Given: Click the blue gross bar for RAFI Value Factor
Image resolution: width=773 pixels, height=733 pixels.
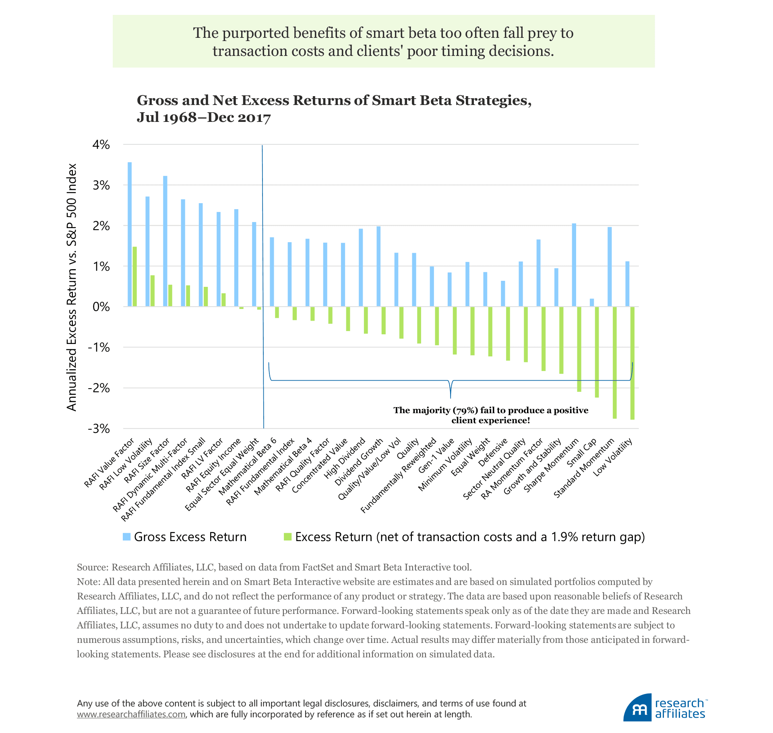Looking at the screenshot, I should pyautogui.click(x=130, y=234).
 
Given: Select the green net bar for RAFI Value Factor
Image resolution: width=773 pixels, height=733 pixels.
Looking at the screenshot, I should pyautogui.click(x=135, y=276).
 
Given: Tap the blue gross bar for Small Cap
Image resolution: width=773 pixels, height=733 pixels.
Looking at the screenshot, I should pyautogui.click(x=592, y=303).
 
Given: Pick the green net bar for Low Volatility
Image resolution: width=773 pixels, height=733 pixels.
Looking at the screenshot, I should pyautogui.click(x=632, y=363).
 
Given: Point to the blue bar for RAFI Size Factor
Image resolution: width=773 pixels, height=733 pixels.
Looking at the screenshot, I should pyautogui.click(x=165, y=241).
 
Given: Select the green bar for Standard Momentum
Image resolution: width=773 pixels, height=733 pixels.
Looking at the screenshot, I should pyautogui.click(x=615, y=362).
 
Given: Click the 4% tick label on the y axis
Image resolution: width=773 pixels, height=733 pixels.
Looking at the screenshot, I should pyautogui.click(x=101, y=145).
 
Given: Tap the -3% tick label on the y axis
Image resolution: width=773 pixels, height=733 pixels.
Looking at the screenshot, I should pyautogui.click(x=99, y=429).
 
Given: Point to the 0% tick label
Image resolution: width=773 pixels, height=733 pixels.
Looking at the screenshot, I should pyautogui.click(x=101, y=307).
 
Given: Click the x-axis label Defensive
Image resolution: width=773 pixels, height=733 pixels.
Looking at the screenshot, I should pyautogui.click(x=493, y=453).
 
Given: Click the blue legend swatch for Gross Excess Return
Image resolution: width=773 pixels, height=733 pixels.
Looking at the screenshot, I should pyautogui.click(x=127, y=537).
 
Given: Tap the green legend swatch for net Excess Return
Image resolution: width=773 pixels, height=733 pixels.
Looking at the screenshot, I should pyautogui.click(x=287, y=537).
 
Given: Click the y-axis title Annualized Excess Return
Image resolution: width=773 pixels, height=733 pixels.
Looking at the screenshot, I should pyautogui.click(x=72, y=287).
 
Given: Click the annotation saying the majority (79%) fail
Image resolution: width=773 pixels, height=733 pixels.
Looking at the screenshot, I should pyautogui.click(x=490, y=415).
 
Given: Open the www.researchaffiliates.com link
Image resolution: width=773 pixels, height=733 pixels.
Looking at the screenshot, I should pyautogui.click(x=131, y=714).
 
